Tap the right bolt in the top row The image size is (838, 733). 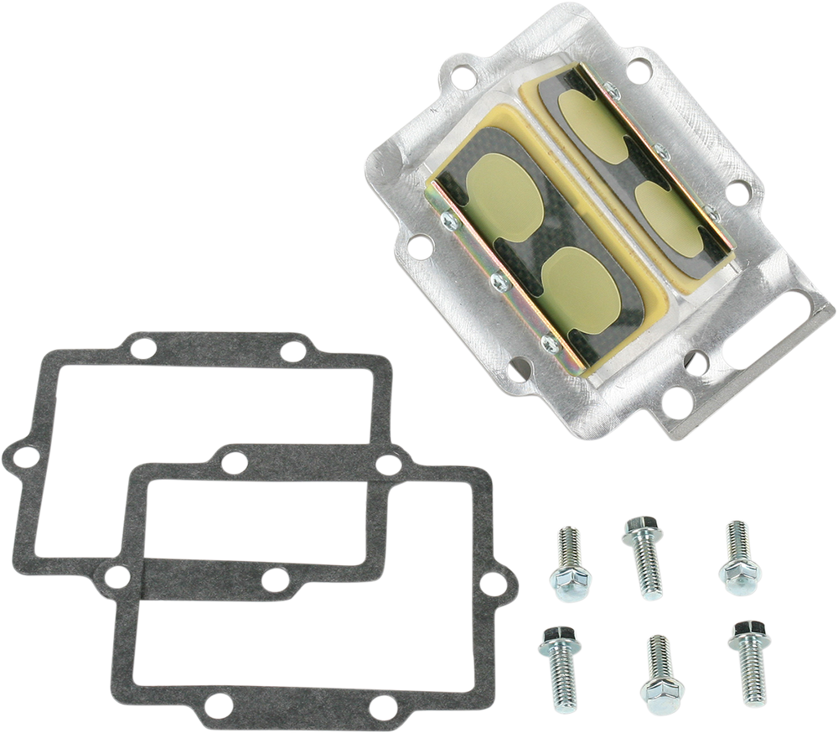pyautogui.click(x=737, y=553)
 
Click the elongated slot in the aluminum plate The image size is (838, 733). pyautogui.click(x=776, y=335)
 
